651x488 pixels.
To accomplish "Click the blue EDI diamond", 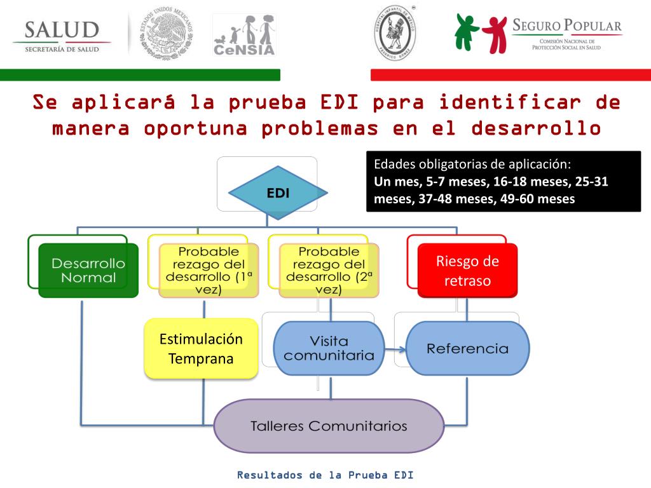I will click(278, 193).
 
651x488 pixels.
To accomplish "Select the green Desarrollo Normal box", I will click(88, 270).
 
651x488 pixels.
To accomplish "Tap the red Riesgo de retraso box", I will click(467, 270).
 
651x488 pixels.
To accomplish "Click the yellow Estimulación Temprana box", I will click(201, 349).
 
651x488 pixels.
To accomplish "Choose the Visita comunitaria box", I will click(329, 348).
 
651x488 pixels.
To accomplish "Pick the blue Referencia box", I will click(467, 348).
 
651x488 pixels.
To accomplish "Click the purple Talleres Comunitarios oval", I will click(329, 425).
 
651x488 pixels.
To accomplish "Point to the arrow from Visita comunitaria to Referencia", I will click(395, 349).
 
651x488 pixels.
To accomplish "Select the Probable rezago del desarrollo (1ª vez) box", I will click(209, 270).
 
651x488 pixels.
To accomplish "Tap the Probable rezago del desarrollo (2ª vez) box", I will click(329, 270).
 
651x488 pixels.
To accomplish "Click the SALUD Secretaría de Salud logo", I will click(62, 37).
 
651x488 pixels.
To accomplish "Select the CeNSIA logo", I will click(244, 35).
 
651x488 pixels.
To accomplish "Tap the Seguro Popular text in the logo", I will click(566, 26).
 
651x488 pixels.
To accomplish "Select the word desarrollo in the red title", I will click(536, 128).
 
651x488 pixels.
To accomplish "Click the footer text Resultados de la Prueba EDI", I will click(325, 475).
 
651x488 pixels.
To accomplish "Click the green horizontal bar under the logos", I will click(140, 75).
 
